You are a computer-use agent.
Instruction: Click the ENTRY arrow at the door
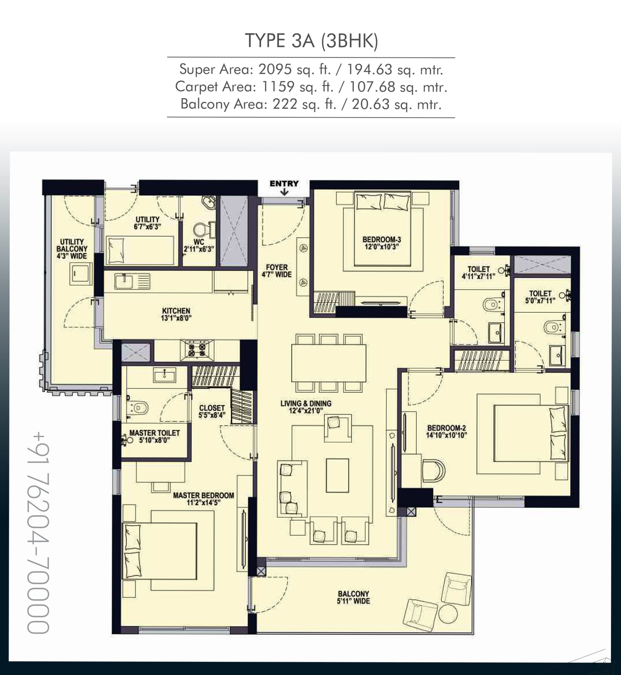pyautogui.click(x=284, y=192)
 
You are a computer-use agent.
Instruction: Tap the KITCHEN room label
pyautogui.click(x=176, y=311)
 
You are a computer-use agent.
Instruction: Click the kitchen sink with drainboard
pyautogui.click(x=132, y=281)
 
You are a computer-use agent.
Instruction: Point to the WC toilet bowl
pyautogui.click(x=200, y=230)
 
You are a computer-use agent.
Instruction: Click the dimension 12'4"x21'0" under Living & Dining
pyautogui.click(x=306, y=410)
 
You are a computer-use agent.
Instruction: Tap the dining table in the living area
pyautogui.click(x=328, y=363)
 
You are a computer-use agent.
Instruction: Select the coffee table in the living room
pyautogui.click(x=338, y=476)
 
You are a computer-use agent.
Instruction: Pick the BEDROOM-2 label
pyautogui.click(x=446, y=428)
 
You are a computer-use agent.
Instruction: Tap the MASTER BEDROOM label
pyautogui.click(x=203, y=495)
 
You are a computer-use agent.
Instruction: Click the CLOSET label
pyautogui.click(x=212, y=408)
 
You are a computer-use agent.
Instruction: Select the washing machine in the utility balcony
pyautogui.click(x=81, y=274)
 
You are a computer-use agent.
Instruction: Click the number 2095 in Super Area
pyautogui.click(x=275, y=70)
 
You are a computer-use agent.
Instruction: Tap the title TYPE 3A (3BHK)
pyautogui.click(x=311, y=41)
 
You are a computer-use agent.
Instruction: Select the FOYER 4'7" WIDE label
pyautogui.click(x=276, y=271)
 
